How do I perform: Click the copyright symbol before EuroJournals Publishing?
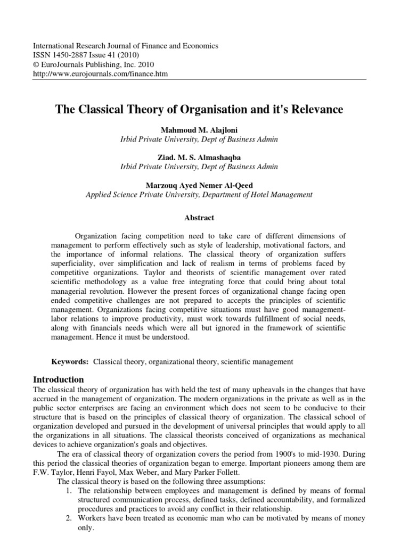point(36,65)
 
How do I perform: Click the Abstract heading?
point(199,218)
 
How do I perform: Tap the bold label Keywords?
point(70,362)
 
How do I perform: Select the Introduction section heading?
point(59,380)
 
